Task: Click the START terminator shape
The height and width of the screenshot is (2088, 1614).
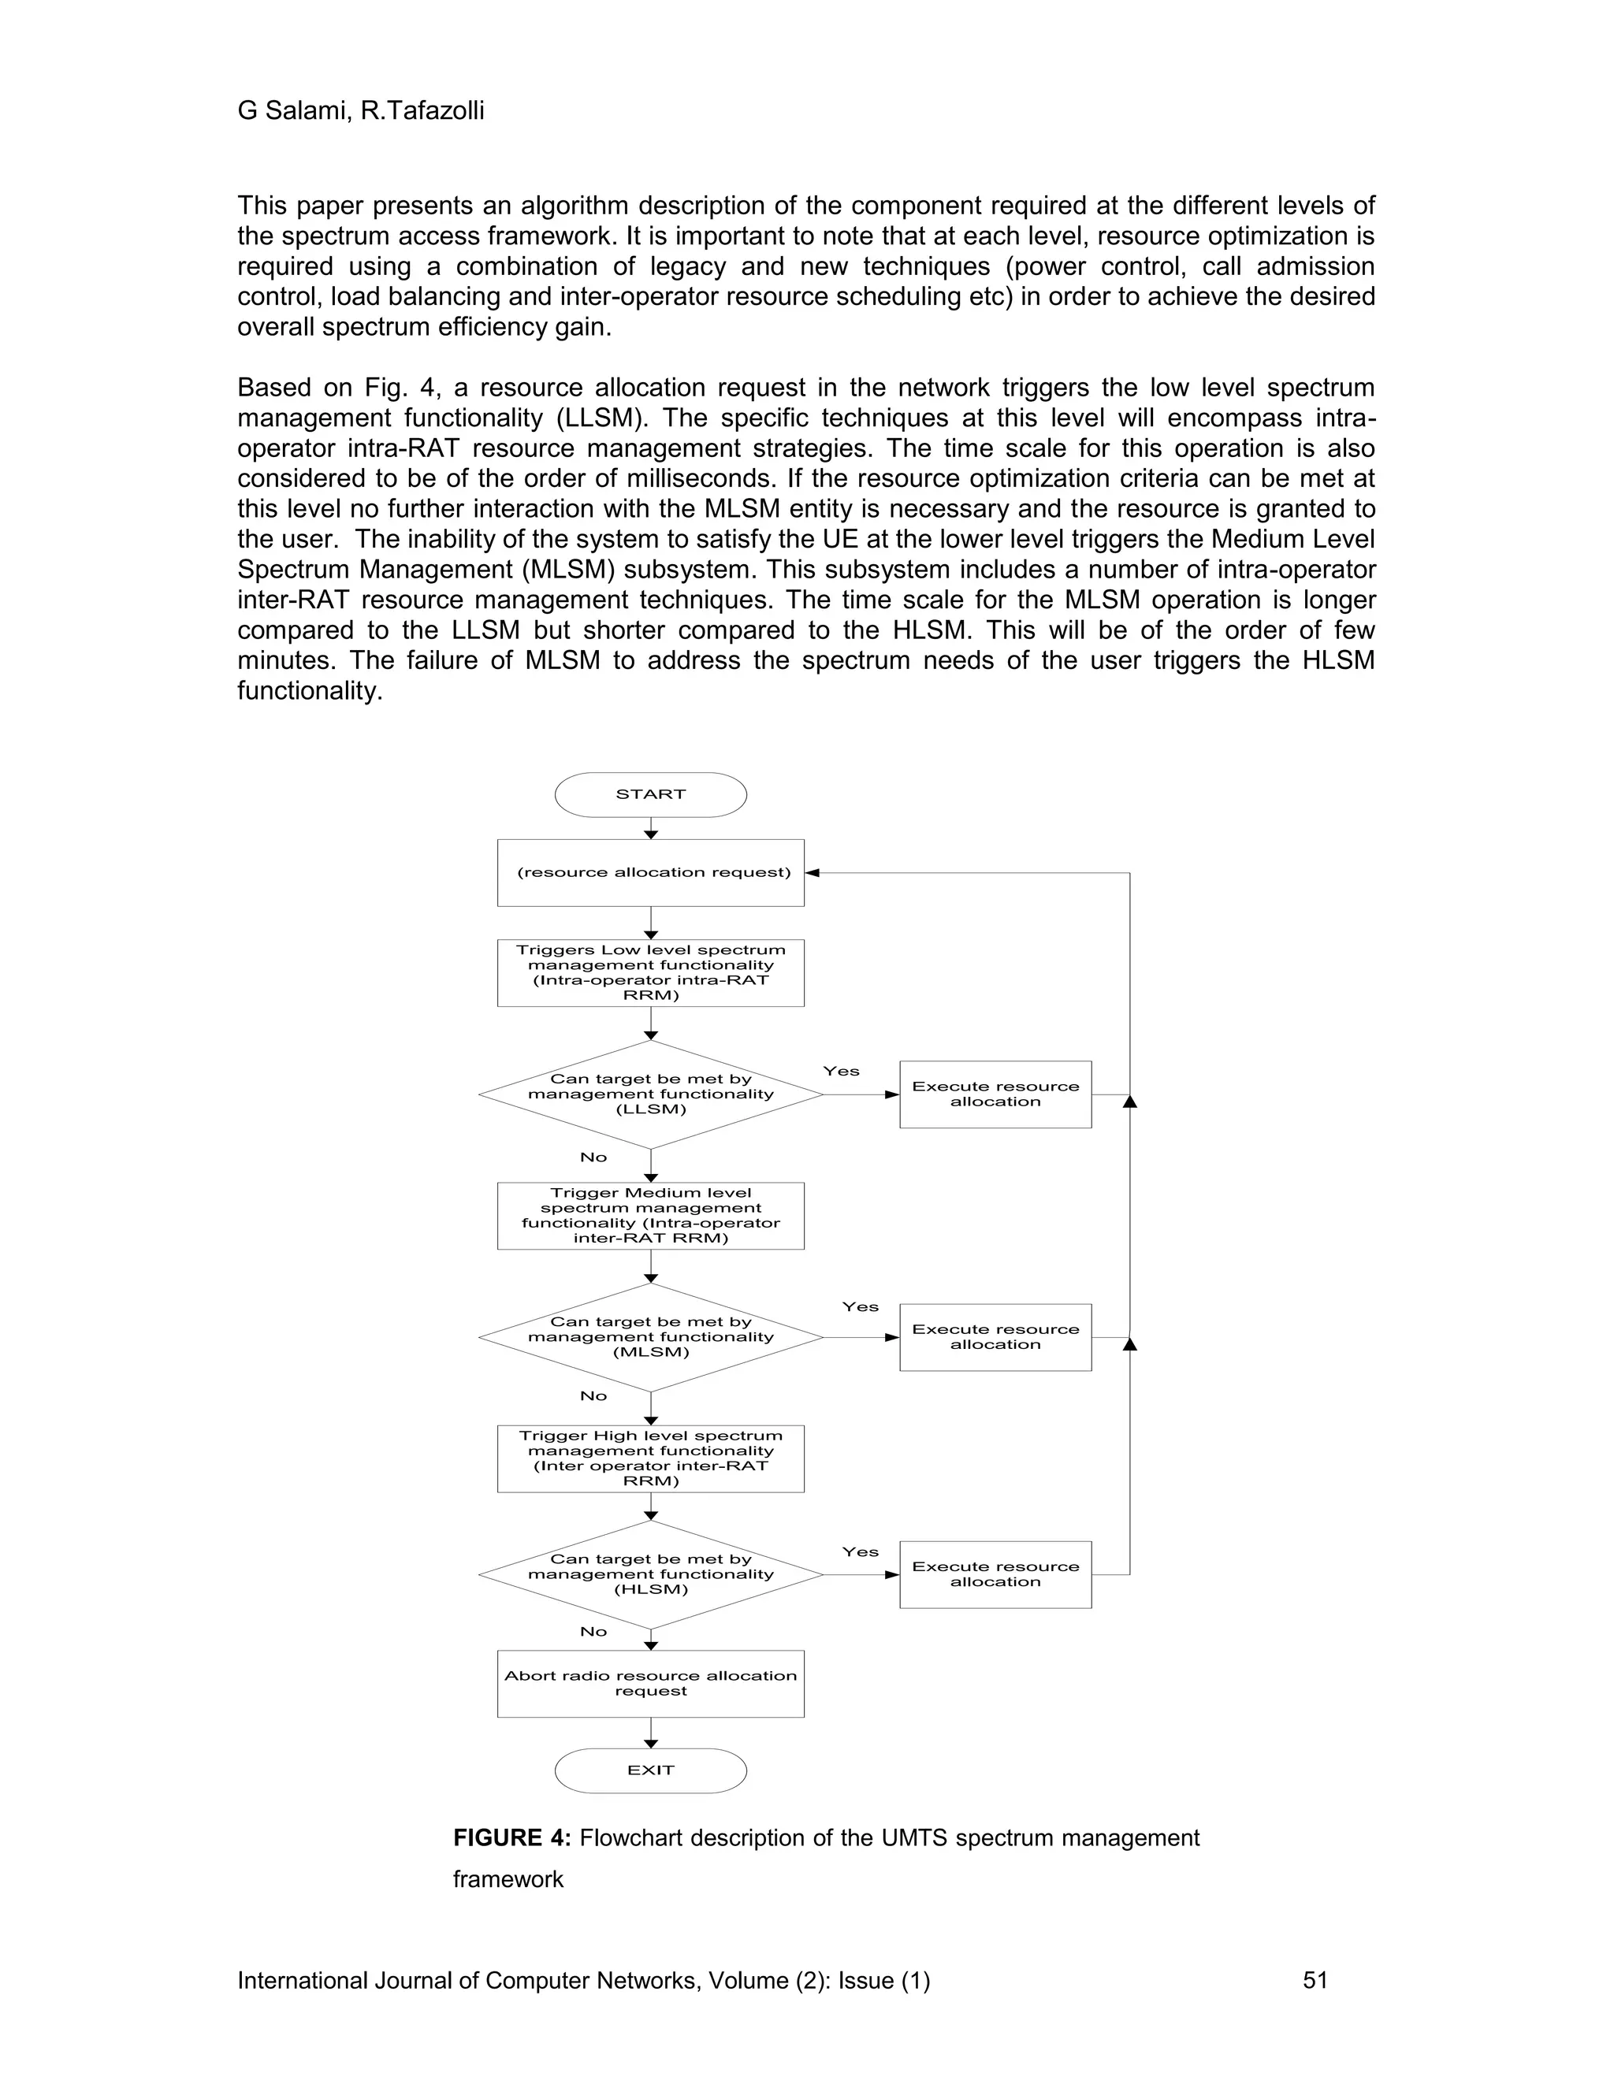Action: coord(650,794)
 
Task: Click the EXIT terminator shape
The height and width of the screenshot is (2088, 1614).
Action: coord(650,1770)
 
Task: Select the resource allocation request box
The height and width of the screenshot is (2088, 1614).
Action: coord(650,872)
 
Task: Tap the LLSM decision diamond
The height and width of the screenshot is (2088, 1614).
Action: coord(650,1094)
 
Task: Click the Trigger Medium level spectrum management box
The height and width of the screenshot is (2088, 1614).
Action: coord(650,1215)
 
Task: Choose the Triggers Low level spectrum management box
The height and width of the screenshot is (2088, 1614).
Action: coord(650,972)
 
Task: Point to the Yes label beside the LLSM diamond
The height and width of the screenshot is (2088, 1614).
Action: coord(842,1072)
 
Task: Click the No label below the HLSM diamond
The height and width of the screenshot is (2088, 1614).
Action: coord(593,1632)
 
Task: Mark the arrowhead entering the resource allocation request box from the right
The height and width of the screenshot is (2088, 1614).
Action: coord(813,873)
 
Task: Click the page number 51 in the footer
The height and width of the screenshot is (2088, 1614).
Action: coord(1315,1980)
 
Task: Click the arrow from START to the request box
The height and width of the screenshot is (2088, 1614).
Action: coord(650,828)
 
